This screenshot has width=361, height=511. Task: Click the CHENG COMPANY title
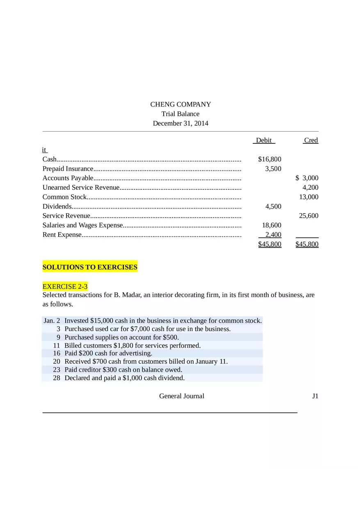(x=180, y=104)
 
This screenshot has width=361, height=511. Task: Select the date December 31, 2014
(x=180, y=123)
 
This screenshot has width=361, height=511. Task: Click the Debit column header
(x=263, y=141)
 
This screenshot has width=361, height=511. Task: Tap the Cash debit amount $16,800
(x=270, y=159)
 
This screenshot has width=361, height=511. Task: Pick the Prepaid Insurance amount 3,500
(x=273, y=169)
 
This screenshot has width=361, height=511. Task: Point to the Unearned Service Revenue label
(x=81, y=188)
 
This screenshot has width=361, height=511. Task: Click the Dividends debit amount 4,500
(x=273, y=207)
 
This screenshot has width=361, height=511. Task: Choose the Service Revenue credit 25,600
(x=308, y=216)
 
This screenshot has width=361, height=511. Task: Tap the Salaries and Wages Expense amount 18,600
(x=272, y=225)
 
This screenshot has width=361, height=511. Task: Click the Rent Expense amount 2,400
(x=273, y=235)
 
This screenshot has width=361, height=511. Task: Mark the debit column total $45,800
(x=270, y=245)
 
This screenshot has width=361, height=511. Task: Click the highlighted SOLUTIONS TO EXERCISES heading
(x=90, y=268)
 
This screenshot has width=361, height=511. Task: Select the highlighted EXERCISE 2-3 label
(x=65, y=286)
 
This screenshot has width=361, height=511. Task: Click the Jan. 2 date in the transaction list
(x=52, y=321)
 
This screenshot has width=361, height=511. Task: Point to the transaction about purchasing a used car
(x=147, y=329)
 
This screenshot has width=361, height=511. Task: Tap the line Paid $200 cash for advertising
(x=108, y=353)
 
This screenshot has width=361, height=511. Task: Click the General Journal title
(x=181, y=396)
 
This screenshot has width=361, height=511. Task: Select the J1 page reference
(x=315, y=396)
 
